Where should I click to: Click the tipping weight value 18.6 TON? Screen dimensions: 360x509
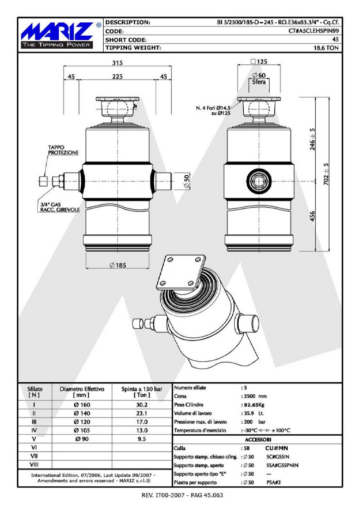(326, 48)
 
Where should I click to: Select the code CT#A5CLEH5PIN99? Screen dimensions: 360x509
(314, 31)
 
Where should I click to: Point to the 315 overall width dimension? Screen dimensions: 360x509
(117, 63)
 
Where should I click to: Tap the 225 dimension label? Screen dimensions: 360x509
(117, 77)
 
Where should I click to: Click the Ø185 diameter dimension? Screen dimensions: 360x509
(118, 265)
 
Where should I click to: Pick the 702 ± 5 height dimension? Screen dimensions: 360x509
(326, 174)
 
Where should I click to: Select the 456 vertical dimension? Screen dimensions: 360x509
(312, 216)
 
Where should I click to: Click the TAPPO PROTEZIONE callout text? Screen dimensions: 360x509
(63, 150)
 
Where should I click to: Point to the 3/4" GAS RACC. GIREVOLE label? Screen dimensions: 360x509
(60, 207)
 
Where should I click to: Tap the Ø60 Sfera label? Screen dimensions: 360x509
(259, 78)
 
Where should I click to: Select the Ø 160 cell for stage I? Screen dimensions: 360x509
(82, 405)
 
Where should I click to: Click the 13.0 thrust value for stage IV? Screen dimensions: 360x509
(142, 431)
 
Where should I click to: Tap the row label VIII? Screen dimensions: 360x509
(34, 464)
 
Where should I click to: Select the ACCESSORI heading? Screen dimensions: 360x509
(258, 440)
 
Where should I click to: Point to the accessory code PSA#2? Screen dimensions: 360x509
(274, 482)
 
